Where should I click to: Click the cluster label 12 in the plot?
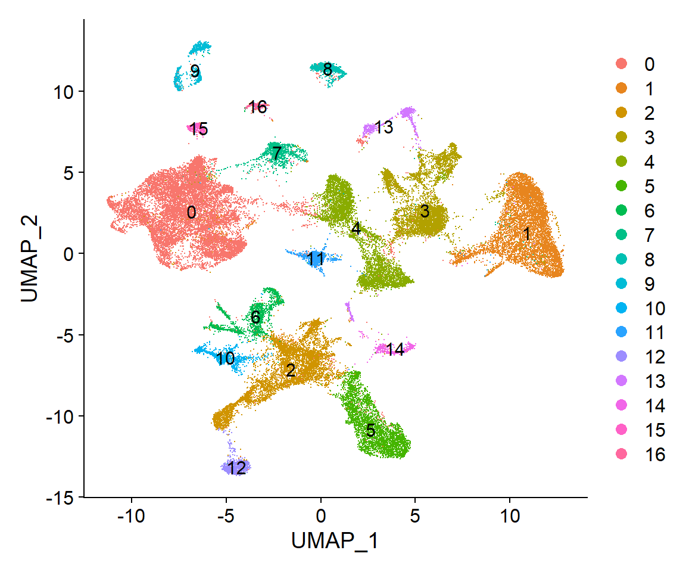236,468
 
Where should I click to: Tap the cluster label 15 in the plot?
198,129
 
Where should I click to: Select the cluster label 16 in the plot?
258,107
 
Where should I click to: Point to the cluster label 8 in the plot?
328,70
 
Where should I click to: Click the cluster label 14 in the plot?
395,350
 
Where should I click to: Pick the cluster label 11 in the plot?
316,259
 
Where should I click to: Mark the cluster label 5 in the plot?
370,430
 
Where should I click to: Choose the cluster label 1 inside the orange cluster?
526,235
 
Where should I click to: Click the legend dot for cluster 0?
622,64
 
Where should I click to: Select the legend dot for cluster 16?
622,455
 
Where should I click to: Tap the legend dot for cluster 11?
622,332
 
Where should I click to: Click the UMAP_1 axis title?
335,541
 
